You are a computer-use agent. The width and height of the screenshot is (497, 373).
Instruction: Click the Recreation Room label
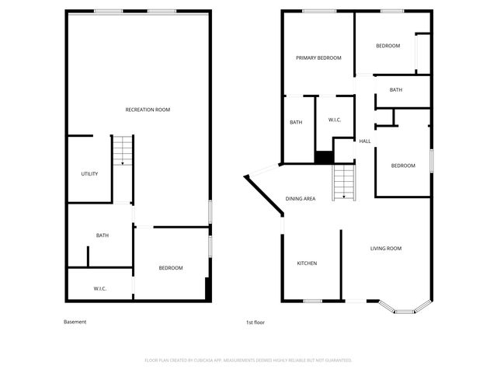pyautogui.click(x=148, y=110)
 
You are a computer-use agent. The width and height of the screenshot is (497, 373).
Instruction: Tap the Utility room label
pyautogui.click(x=89, y=173)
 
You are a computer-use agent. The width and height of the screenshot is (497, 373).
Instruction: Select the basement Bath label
pyautogui.click(x=102, y=235)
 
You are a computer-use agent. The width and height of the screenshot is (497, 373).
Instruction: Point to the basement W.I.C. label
pyautogui.click(x=100, y=288)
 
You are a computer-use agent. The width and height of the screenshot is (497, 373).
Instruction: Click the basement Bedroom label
pyautogui.click(x=171, y=268)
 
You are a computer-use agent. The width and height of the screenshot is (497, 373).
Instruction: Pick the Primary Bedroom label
pyautogui.click(x=318, y=58)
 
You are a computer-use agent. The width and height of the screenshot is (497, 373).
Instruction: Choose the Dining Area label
pyautogui.click(x=301, y=199)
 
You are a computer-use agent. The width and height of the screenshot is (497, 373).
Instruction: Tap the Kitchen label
pyautogui.click(x=307, y=263)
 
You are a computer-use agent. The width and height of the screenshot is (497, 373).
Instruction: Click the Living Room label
pyautogui.click(x=386, y=248)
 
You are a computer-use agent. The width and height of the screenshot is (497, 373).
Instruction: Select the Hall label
pyautogui.click(x=365, y=141)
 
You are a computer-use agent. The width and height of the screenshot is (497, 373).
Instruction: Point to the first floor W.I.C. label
pyautogui.click(x=335, y=120)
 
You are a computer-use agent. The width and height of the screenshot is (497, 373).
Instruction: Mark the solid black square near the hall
pyautogui.click(x=324, y=156)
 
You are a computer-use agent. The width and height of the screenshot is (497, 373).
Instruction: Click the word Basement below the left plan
pyautogui.click(x=75, y=322)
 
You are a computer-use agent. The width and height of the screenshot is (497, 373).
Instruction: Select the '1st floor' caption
pyautogui.click(x=255, y=322)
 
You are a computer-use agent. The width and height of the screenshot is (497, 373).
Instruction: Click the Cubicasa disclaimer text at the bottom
pyautogui.click(x=248, y=361)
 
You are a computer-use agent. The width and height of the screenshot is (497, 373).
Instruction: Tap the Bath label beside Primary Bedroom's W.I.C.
pyautogui.click(x=296, y=122)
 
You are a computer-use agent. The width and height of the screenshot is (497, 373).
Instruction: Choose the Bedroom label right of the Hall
pyautogui.click(x=403, y=166)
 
